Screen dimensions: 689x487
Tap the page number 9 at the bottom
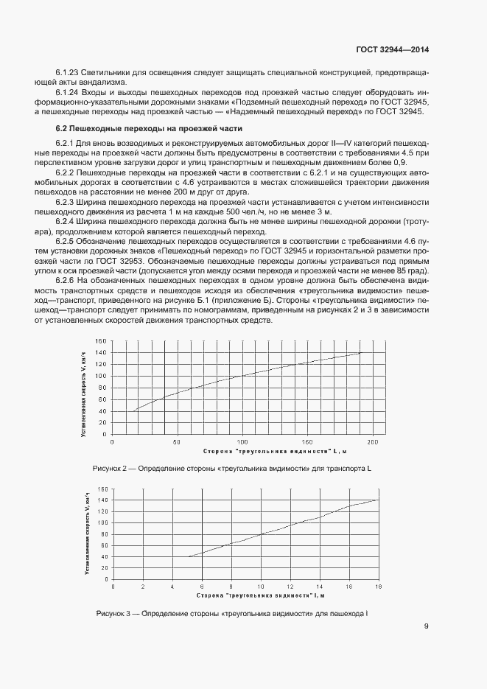427,627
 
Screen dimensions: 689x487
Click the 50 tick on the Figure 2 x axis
176,442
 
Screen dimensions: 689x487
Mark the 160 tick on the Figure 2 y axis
101,341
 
